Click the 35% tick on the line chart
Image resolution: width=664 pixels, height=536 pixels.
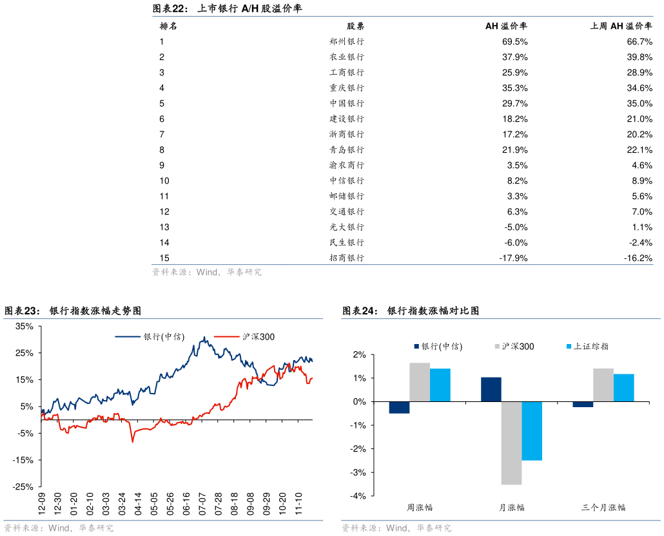pos(24,327)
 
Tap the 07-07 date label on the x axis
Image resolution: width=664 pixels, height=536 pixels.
pos(202,504)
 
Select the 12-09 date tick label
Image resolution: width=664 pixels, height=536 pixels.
pos(41,504)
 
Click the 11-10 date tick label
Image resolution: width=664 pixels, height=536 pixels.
pos(298,504)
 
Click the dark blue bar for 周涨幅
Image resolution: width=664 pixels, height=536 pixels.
pos(399,407)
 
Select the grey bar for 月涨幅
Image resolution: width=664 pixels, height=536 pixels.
pos(511,443)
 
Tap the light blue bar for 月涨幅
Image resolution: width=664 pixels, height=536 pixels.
pos(532,431)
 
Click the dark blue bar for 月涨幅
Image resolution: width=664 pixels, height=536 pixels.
pos(491,389)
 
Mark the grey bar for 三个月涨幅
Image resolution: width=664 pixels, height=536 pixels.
pos(603,385)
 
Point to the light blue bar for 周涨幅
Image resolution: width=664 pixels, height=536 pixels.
pos(440,385)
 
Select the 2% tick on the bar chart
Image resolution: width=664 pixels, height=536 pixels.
pos(359,355)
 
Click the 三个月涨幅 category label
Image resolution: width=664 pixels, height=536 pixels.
pos(603,508)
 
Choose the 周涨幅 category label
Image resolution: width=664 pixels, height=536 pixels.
pos(420,508)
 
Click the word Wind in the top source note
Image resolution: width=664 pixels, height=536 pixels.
pos(207,273)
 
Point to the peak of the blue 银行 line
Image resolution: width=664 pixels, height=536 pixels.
pos(204,336)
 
